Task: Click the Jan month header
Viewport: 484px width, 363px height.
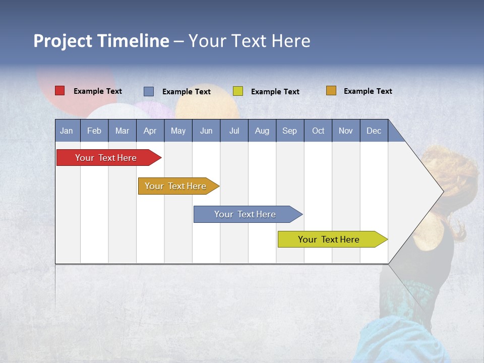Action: click(x=67, y=131)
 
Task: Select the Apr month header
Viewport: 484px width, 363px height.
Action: click(x=150, y=131)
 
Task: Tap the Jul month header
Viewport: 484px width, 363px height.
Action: click(x=234, y=131)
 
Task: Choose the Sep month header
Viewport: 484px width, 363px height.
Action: click(x=289, y=131)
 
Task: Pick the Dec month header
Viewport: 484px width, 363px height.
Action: click(x=374, y=131)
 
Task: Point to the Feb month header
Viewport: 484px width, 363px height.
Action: click(x=94, y=131)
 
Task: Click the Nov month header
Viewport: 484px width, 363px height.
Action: click(x=345, y=131)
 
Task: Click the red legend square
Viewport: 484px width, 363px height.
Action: click(x=59, y=91)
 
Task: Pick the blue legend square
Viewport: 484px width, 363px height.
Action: click(x=148, y=91)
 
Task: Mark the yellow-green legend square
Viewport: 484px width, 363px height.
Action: click(x=238, y=91)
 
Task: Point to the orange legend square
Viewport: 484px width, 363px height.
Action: click(x=331, y=91)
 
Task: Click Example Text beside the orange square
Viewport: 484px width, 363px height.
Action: click(x=368, y=91)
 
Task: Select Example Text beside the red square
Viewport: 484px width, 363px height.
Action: click(x=97, y=91)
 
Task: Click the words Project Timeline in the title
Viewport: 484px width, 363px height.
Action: click(x=101, y=41)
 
